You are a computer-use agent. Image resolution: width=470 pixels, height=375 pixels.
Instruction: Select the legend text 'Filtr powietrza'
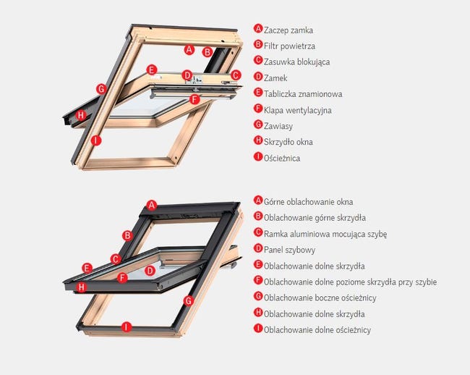pyautogui.click(x=289, y=46)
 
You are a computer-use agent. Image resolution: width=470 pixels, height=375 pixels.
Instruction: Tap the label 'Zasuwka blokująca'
pyautogui.click(x=296, y=62)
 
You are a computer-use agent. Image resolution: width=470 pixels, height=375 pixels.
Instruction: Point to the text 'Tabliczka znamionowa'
pyautogui.click(x=302, y=94)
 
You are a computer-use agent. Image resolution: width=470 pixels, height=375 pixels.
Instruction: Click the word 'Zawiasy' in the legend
pyautogui.click(x=278, y=126)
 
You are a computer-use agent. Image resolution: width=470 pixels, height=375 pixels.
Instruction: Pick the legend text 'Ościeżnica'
pyautogui.click(x=282, y=158)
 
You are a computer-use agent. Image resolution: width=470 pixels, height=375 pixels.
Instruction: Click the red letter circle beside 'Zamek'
pyautogui.click(x=258, y=77)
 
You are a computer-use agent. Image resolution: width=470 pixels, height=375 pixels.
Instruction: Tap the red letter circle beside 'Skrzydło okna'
pyautogui.click(x=258, y=141)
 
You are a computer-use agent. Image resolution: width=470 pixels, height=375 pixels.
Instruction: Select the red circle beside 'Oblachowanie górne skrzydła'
pyautogui.click(x=258, y=217)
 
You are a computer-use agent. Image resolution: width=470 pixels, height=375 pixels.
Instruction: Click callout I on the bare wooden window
pyautogui.click(x=96, y=140)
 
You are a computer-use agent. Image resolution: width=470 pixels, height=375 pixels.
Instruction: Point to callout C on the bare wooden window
pyautogui.click(x=235, y=75)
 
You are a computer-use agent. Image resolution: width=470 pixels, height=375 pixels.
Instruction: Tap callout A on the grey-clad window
pyautogui.click(x=152, y=205)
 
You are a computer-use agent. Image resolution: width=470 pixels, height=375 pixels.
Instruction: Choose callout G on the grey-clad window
pyautogui.click(x=189, y=300)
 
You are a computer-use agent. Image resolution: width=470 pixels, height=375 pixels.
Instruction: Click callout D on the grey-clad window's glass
pyautogui.click(x=150, y=270)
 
